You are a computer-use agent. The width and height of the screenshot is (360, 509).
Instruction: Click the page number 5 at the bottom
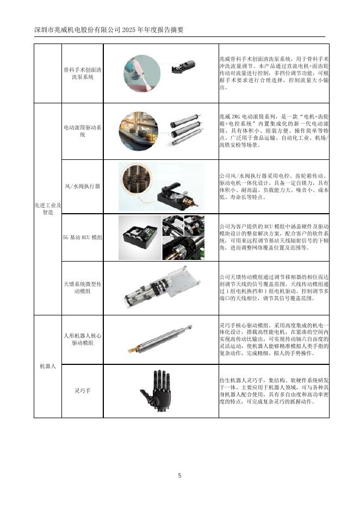pyautogui.click(x=179, y=476)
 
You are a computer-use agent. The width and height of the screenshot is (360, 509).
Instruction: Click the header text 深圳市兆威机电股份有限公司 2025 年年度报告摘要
pyautogui.click(x=109, y=30)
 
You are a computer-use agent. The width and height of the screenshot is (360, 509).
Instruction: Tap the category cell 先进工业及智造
pyautogui.click(x=48, y=209)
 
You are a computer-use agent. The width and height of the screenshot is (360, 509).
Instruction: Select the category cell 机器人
pyautogui.click(x=48, y=366)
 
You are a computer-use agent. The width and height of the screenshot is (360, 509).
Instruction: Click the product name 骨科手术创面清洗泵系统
pyautogui.click(x=83, y=73)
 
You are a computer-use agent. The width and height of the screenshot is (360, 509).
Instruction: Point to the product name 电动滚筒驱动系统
pyautogui.click(x=83, y=131)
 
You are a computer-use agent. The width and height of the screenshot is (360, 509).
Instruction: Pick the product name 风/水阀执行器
pyautogui.click(x=83, y=187)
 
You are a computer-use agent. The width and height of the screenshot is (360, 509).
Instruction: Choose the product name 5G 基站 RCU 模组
pyautogui.click(x=83, y=237)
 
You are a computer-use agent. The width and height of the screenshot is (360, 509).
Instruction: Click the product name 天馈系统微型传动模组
pyautogui.click(x=83, y=288)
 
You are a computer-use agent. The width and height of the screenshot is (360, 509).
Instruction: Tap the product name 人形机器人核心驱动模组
pyautogui.click(x=83, y=339)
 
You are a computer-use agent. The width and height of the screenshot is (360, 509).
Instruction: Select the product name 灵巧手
pyautogui.click(x=83, y=391)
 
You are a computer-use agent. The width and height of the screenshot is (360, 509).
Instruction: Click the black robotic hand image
pyautogui.click(x=157, y=391)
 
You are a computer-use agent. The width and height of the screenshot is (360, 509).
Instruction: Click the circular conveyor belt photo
pyautogui.click(x=139, y=131)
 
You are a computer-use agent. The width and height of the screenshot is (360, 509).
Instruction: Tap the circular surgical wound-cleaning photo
pyautogui.click(x=142, y=73)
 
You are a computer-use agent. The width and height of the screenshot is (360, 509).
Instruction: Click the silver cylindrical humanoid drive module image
pyautogui.click(x=160, y=339)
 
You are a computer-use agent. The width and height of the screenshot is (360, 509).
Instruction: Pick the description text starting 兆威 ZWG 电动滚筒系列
pyautogui.click(x=274, y=131)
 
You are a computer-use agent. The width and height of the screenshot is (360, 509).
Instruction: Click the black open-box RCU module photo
pyautogui.click(x=140, y=238)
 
